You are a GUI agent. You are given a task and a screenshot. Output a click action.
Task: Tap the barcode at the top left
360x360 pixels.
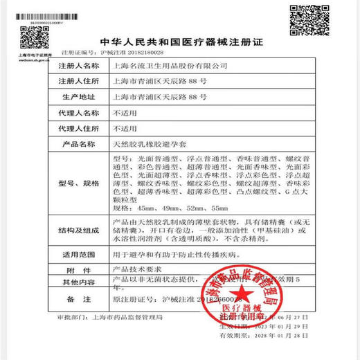42,15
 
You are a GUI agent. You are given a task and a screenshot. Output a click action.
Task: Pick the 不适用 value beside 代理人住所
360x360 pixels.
124,129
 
